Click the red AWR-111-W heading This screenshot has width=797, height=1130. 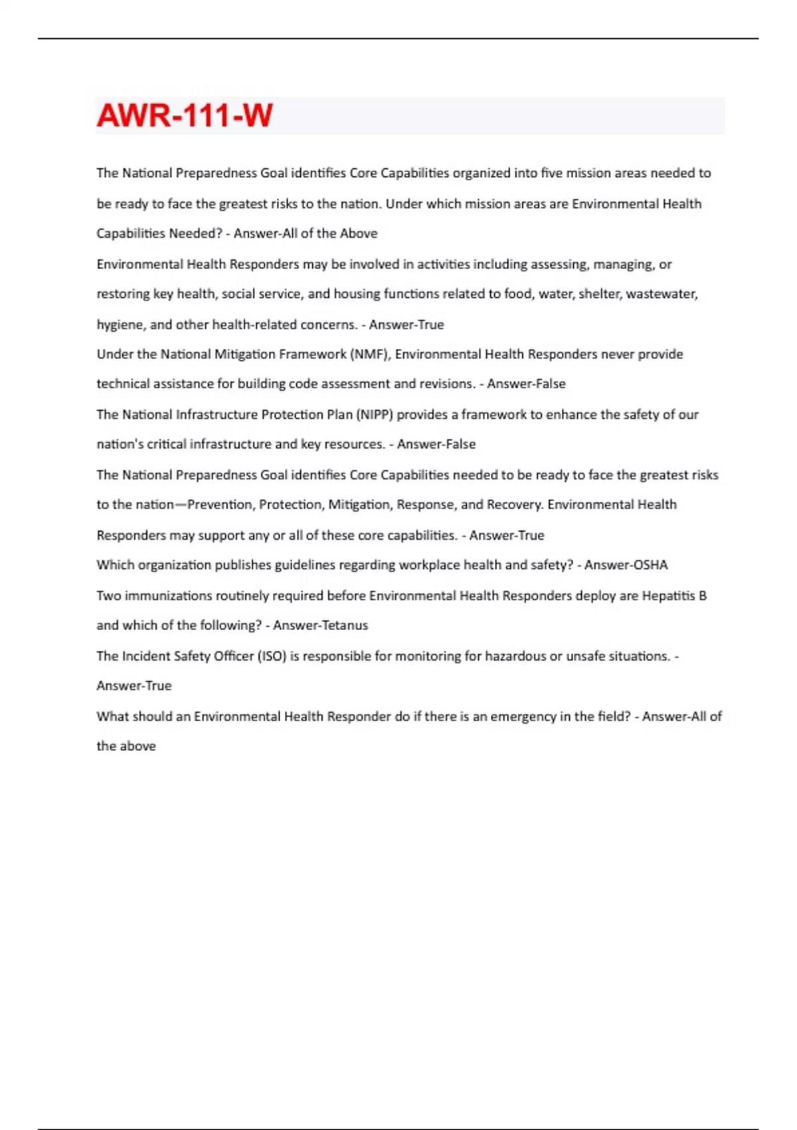[185, 116]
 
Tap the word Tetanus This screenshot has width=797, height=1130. [344, 625]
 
